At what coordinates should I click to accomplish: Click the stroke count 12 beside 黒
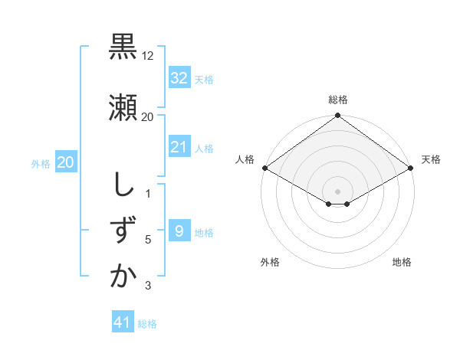tap(148, 56)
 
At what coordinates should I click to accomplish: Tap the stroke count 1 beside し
tap(148, 194)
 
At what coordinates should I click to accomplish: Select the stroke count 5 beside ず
tap(148, 240)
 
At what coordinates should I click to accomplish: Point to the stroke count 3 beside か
tap(148, 286)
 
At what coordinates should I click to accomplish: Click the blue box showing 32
tap(179, 78)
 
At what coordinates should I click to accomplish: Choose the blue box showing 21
tap(179, 147)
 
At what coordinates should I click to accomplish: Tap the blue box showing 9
tap(179, 231)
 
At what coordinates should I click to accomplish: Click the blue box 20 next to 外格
tap(65, 162)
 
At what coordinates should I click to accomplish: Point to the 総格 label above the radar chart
tap(338, 100)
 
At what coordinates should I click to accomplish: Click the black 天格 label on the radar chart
tap(431, 159)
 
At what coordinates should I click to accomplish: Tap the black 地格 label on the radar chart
tap(402, 262)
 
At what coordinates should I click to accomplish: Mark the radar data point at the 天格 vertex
tap(412, 168)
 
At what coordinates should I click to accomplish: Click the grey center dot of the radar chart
tap(337, 190)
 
